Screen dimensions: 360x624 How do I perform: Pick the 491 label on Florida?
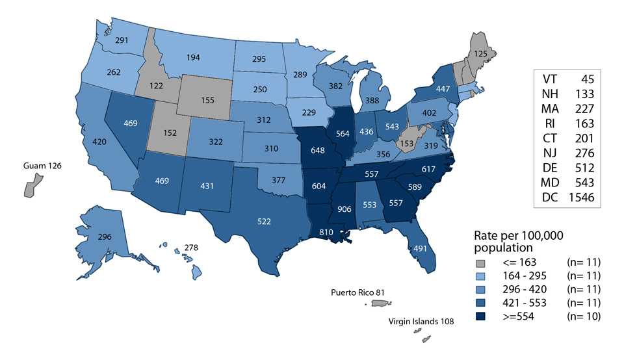419,247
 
